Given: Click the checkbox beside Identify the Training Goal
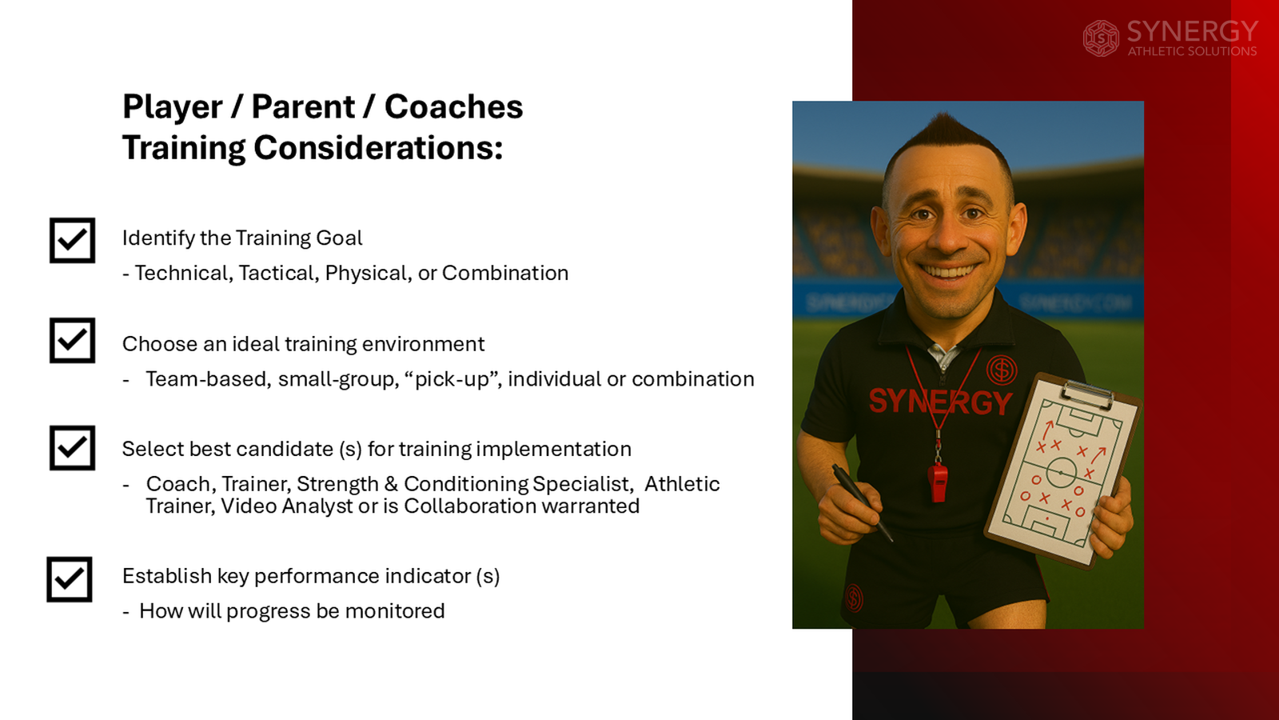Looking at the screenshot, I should point(72,240).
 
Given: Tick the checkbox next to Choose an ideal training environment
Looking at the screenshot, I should point(72,341).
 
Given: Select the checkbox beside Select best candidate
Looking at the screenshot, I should point(72,448).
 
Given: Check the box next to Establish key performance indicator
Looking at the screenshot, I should point(70,579).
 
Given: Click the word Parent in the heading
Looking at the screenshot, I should point(303,107).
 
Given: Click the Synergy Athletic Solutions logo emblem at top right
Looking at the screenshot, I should point(1101,38).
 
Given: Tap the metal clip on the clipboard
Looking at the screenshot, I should point(1088,394).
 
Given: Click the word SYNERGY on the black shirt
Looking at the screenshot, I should point(940,402).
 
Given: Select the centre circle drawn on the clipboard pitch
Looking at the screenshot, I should point(1061,473).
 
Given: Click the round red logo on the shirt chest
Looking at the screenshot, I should point(1001,370).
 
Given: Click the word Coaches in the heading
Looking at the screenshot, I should point(453,107).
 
